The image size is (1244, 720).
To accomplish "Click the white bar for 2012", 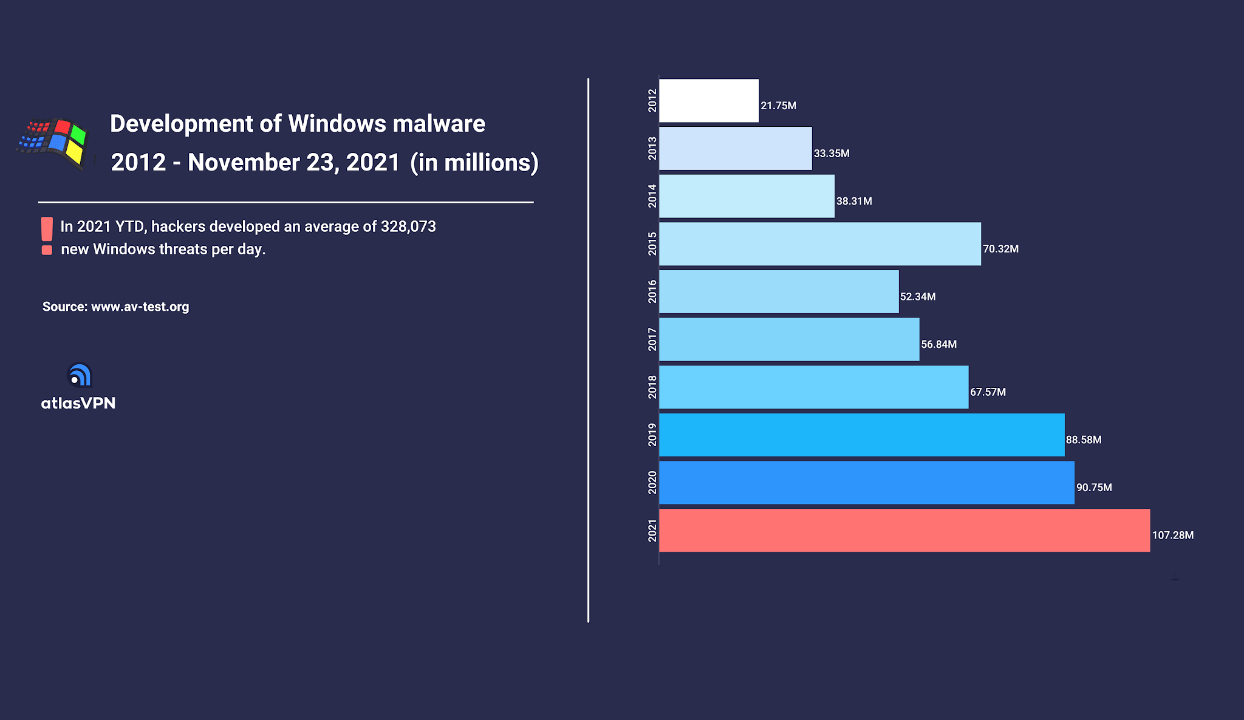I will tap(709, 101).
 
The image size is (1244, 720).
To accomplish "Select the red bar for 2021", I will tap(904, 531).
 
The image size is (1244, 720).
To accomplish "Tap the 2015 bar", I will tap(820, 244).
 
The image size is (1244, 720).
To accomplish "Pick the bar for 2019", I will tap(861, 435).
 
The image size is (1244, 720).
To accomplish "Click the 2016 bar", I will tap(779, 292).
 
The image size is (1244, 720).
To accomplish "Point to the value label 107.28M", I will tap(1172, 535).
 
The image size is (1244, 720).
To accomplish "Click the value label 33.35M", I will tap(832, 154).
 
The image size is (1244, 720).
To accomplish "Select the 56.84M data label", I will tap(938, 344).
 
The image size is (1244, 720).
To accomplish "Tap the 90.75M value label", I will tap(1094, 487).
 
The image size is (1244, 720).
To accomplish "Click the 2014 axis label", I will tap(652, 196).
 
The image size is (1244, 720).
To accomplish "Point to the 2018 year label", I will tap(652, 387).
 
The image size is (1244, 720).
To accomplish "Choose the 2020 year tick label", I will tap(652, 483).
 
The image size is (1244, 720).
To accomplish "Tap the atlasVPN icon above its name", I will tap(79, 375).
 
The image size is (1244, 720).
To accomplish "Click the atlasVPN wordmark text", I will tap(78, 403).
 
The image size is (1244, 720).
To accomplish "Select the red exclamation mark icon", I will tap(47, 236).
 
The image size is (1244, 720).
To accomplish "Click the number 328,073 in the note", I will tap(408, 226).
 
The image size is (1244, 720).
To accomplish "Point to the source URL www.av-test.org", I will tap(140, 307).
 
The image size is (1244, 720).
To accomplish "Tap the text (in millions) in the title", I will tap(474, 163).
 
